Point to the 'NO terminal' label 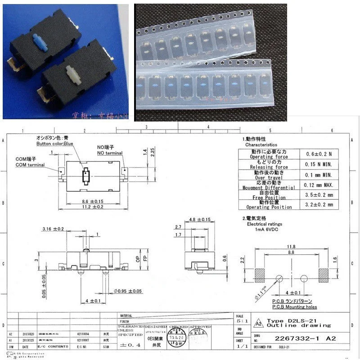pos(110,153)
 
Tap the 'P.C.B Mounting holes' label pos(294,307)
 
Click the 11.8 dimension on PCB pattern pos(292,246)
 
